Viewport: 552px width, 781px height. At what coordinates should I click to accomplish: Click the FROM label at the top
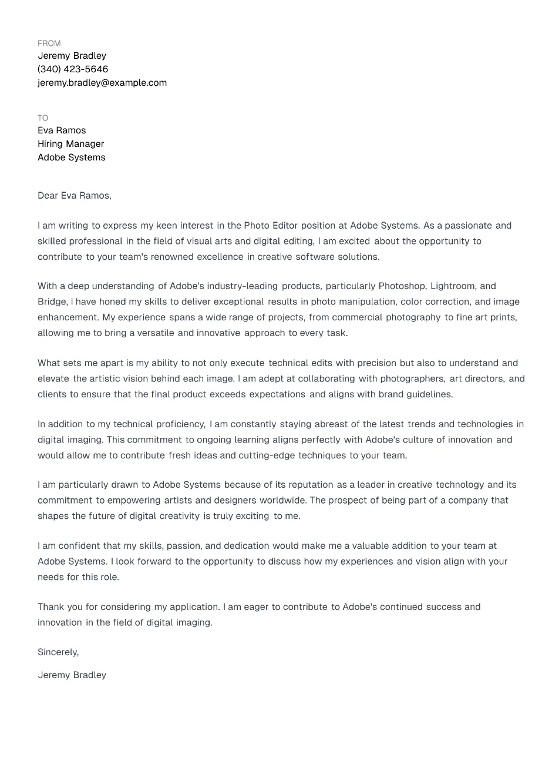(49, 43)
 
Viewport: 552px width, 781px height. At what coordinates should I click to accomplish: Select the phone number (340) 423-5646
(73, 69)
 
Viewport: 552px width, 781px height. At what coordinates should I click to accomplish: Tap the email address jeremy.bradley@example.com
(102, 83)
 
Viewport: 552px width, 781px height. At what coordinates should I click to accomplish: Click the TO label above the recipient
(43, 118)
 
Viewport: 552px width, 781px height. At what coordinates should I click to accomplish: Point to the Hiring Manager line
(70, 144)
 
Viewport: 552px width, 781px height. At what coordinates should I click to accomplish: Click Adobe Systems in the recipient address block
(71, 157)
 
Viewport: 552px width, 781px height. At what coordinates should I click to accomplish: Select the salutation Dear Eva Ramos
(74, 196)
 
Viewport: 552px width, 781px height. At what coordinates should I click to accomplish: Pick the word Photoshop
(402, 286)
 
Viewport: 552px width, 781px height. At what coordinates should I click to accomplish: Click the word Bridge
(52, 302)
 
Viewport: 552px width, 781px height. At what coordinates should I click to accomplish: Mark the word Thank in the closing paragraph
(51, 607)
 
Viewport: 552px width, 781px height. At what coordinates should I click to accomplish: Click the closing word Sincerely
(58, 652)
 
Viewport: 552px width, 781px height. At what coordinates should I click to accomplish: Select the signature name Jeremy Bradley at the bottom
(72, 675)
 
